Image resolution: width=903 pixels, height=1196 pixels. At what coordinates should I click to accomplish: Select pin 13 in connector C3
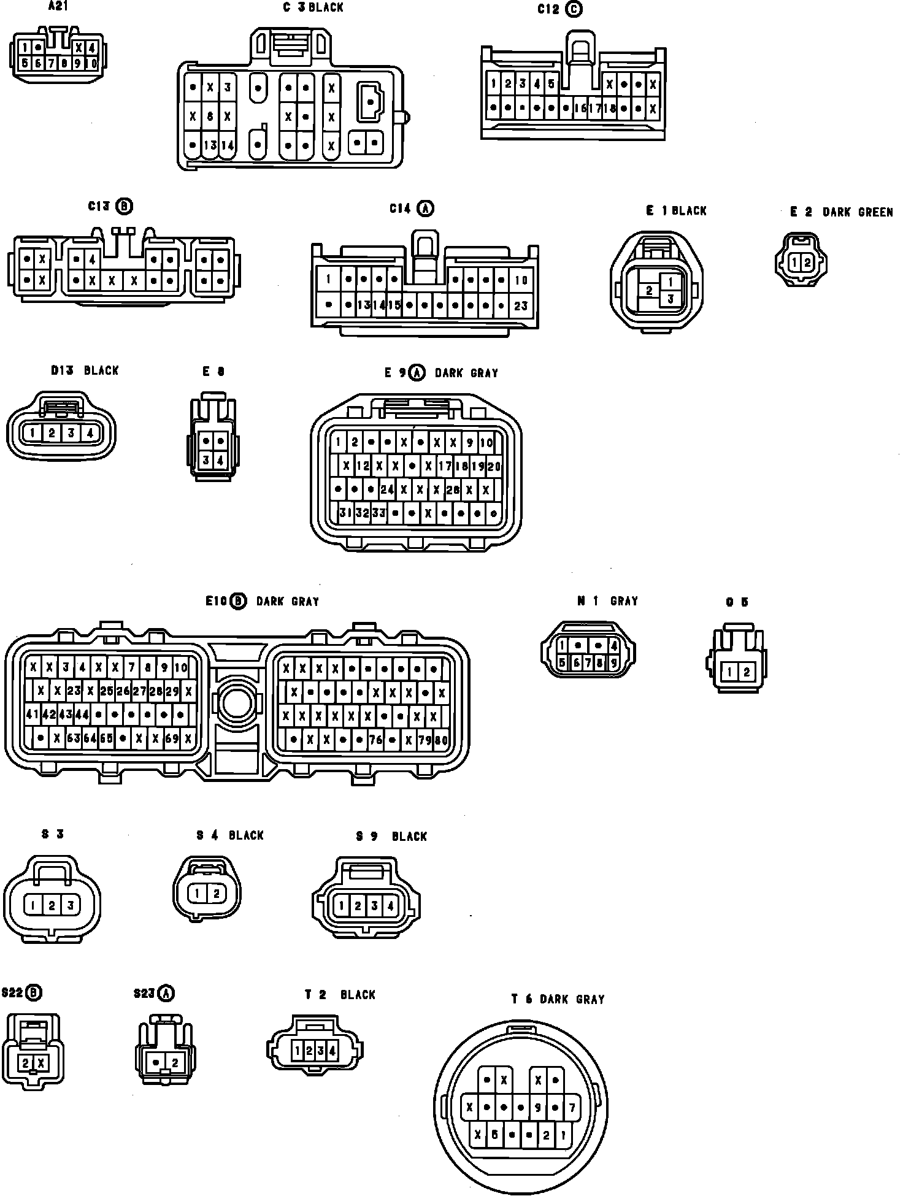click(210, 145)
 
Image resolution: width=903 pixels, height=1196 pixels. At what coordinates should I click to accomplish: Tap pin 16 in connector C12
click(580, 109)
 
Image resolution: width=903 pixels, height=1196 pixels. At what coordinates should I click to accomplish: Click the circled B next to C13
click(125, 207)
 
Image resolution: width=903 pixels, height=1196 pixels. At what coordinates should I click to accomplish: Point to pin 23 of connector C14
click(520, 305)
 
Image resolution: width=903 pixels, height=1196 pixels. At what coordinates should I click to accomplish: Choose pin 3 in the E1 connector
click(670, 299)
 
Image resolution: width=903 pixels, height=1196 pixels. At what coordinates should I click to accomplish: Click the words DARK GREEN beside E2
click(858, 212)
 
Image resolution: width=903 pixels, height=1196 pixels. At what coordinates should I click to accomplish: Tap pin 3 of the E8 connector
click(206, 460)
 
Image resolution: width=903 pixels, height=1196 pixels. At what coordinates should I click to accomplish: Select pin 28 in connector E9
click(453, 489)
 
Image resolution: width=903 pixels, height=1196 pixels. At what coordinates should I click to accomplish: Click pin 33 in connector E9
click(378, 513)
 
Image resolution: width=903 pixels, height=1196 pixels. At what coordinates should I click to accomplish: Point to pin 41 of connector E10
click(33, 714)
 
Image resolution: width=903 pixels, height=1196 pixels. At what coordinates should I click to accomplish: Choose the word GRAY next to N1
click(624, 601)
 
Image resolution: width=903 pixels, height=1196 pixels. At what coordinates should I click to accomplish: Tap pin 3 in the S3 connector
click(71, 905)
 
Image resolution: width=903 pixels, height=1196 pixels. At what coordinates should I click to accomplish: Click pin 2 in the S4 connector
click(216, 894)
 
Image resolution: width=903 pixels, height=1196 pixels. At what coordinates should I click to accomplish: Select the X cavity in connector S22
click(41, 1063)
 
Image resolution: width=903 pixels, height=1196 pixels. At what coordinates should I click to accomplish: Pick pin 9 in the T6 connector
click(537, 1108)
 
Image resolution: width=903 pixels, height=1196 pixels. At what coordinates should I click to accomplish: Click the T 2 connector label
click(315, 995)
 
